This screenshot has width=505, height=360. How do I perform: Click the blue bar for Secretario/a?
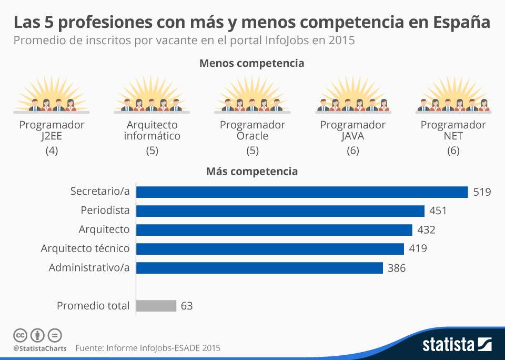click(302, 192)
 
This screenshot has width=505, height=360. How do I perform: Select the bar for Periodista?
click(280, 211)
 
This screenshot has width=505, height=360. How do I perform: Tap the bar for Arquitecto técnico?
click(270, 249)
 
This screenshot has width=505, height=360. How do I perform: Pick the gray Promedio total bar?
click(156, 306)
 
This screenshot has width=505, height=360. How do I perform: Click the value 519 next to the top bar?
click(482, 192)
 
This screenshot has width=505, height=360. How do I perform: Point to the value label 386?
click(397, 268)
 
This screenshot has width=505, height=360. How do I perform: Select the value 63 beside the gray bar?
click(187, 306)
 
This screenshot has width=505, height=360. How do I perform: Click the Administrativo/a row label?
click(89, 267)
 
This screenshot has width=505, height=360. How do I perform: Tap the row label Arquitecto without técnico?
click(104, 229)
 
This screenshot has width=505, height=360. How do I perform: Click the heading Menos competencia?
click(251, 63)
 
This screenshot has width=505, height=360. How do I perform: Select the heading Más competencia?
click(252, 172)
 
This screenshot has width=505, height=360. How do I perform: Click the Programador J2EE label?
click(52, 131)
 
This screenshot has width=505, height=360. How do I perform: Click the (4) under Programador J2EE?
click(52, 151)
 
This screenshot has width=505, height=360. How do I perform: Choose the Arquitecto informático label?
click(152, 131)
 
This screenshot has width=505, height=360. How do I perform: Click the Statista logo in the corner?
click(457, 345)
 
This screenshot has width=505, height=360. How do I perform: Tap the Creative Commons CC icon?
click(20, 335)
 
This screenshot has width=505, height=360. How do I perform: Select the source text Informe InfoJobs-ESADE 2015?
click(163, 348)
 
